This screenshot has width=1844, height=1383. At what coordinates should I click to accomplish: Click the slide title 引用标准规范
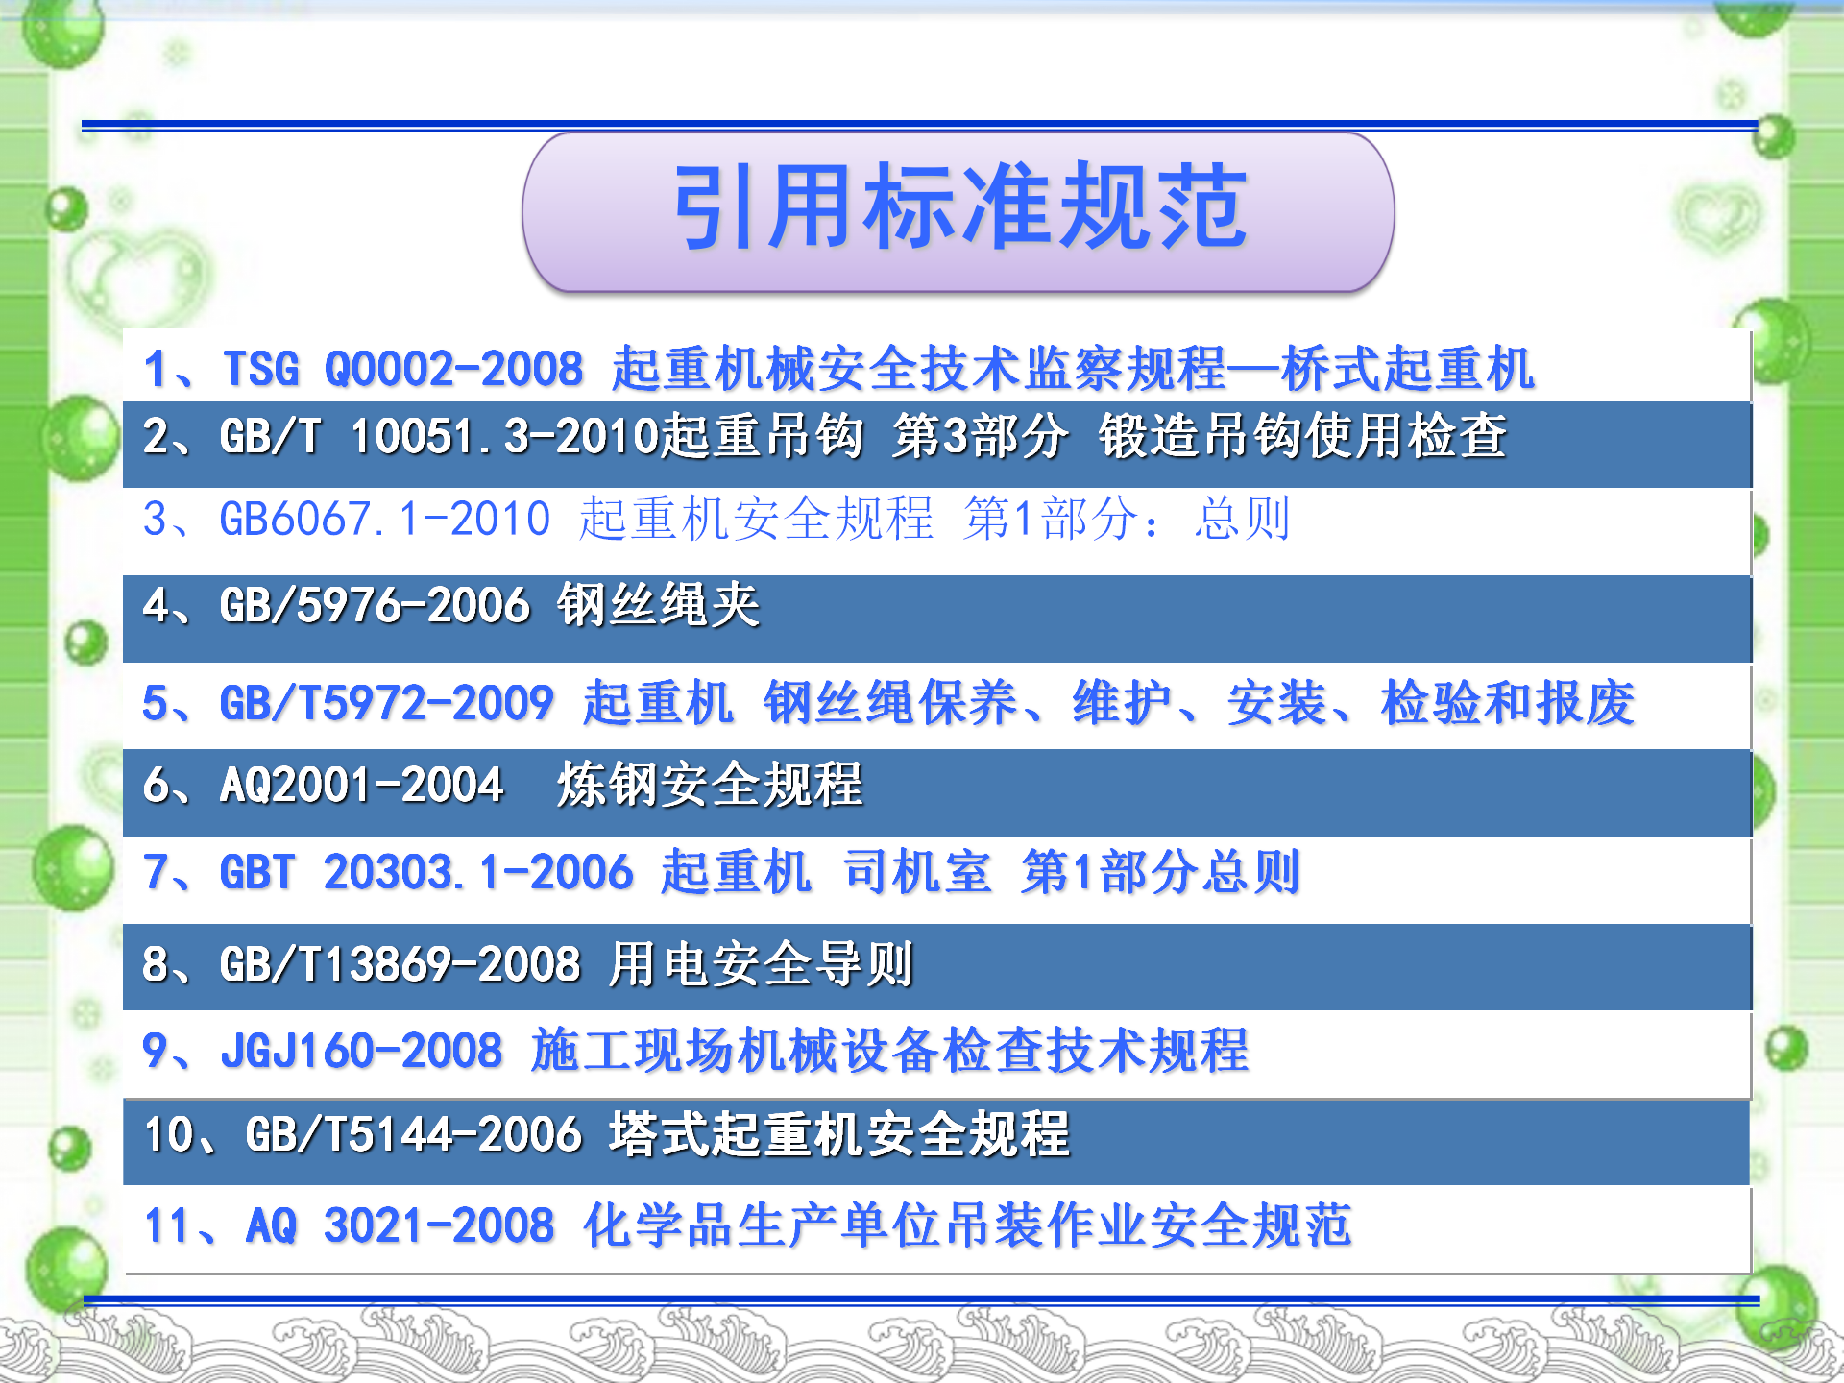point(960,206)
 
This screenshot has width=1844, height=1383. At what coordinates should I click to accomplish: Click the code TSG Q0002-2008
point(403,369)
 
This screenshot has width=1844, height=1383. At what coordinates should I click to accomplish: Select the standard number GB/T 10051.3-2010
point(439,436)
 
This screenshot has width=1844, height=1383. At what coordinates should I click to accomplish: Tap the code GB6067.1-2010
point(385,519)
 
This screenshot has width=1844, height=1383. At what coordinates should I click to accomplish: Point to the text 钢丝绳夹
point(659,605)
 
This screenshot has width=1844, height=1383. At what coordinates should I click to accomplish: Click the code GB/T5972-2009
point(386,703)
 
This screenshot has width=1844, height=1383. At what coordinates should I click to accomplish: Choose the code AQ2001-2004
point(362,785)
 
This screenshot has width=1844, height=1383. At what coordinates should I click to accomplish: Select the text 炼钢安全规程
point(711,785)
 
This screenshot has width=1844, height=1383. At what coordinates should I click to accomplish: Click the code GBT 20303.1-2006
point(426,872)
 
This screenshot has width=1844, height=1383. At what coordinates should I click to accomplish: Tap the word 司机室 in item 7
point(917,872)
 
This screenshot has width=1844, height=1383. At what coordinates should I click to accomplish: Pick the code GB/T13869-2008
point(400,964)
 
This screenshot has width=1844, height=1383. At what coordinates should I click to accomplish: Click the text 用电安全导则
point(761,964)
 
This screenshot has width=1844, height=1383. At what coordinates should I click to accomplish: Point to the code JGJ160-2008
point(361,1050)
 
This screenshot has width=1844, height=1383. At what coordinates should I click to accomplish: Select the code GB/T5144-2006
point(414,1134)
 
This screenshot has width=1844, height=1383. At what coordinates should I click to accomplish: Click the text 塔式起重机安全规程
point(839,1134)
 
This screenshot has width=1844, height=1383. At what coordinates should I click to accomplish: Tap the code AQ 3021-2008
point(400,1225)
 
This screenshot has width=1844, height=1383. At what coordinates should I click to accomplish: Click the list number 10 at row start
point(169,1134)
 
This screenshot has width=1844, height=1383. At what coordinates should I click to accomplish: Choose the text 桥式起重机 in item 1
point(1408,369)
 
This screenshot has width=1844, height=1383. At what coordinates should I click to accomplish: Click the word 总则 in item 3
point(1242,519)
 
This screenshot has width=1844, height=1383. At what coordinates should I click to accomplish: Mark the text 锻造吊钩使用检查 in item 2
point(1302,436)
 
